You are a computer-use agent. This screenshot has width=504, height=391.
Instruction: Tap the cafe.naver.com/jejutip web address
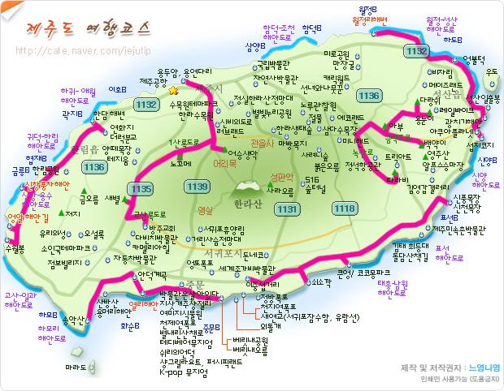tap(85, 51)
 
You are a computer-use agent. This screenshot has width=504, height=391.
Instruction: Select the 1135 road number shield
tap(140, 189)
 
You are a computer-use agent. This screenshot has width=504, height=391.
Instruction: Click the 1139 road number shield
tap(197, 187)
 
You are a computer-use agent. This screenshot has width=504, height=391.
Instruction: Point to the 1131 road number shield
tap(287, 209)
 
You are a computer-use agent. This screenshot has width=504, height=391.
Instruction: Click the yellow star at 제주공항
tap(172, 92)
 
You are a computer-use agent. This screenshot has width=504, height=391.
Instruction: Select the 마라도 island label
tap(76, 367)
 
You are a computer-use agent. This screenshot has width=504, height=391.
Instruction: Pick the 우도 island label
tap(491, 73)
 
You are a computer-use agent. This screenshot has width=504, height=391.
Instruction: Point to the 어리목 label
tap(225, 162)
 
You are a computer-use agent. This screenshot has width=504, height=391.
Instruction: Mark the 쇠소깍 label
tap(320, 282)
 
